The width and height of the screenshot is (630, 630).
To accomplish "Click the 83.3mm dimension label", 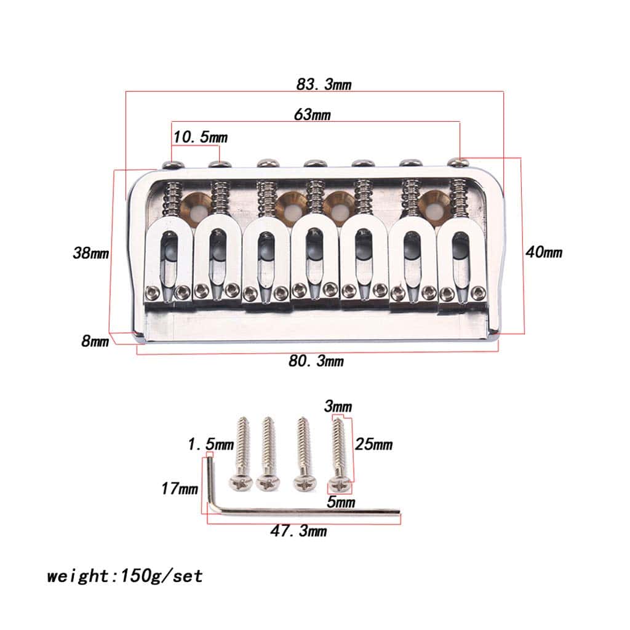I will pyautogui.click(x=324, y=84).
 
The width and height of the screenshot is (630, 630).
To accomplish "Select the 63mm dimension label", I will pyautogui.click(x=311, y=114).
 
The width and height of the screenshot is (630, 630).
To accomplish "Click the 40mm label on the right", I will pyautogui.click(x=543, y=252).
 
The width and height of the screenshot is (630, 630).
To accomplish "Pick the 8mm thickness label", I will pyautogui.click(x=95, y=341).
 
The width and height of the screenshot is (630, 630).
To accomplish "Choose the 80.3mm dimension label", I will pyautogui.click(x=316, y=361).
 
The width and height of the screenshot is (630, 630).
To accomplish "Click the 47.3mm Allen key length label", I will pyautogui.click(x=300, y=531).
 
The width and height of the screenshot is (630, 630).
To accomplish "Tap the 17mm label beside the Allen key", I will pyautogui.click(x=180, y=489).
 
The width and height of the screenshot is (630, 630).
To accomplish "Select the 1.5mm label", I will pyautogui.click(x=211, y=444).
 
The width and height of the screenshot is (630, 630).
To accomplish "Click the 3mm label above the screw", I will pyautogui.click(x=338, y=407).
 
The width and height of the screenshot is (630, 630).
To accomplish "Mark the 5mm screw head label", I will pyautogui.click(x=342, y=502).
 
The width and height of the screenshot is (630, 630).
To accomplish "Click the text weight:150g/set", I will pyautogui.click(x=125, y=576).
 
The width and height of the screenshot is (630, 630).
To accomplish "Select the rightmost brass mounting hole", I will pyautogui.click(x=433, y=205).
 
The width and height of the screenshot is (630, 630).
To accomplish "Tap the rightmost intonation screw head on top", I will pyautogui.click(x=458, y=162).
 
